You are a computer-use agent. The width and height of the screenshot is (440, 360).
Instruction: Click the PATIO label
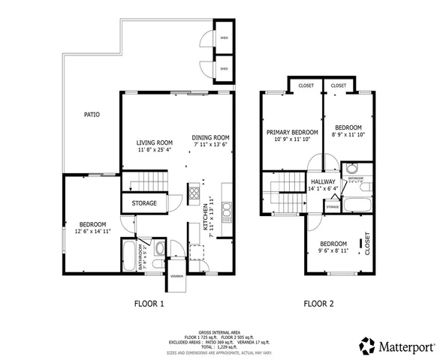(92, 115)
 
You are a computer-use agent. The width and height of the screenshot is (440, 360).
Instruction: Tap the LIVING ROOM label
(155, 142)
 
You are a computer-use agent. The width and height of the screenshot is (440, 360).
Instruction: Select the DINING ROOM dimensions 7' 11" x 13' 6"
(209, 145)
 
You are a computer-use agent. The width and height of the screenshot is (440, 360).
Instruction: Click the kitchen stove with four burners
(194, 193)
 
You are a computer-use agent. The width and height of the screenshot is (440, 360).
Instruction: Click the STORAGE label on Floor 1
(145, 203)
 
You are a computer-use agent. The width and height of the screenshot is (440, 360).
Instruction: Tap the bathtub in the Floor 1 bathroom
(128, 256)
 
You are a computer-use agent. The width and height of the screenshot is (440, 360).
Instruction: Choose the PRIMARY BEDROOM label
(292, 132)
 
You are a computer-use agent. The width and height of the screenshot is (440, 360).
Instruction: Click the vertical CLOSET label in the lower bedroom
(367, 241)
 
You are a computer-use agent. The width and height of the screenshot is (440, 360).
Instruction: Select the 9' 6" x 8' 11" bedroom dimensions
(333, 252)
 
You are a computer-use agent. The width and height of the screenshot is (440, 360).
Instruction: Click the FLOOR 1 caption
(149, 304)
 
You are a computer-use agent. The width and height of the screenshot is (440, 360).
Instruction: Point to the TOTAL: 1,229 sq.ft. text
(219, 346)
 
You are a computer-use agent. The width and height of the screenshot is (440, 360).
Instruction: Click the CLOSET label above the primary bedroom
(306, 85)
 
